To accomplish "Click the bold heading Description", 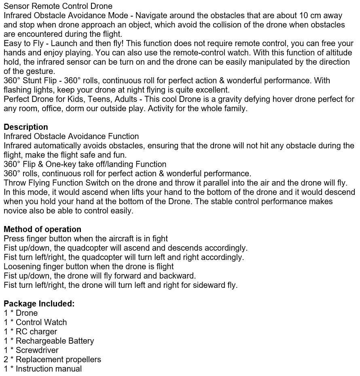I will coord(26,127).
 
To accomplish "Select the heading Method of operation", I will coord(42,229).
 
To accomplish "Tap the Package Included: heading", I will coord(39,304).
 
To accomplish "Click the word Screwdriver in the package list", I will coord(37,350).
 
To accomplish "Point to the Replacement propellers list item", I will coord(58,359).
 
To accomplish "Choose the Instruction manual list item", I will coord(49,369).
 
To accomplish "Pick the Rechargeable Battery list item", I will coord(55,341).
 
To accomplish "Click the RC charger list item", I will coord(36,332).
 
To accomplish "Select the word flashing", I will coord(17,90).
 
